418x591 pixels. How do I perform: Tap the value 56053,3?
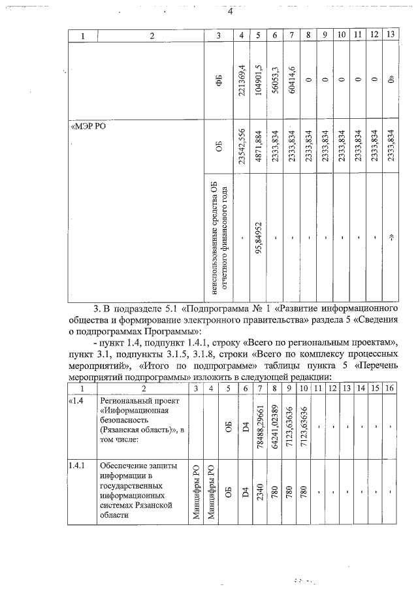pos(275,79)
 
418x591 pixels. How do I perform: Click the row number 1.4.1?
pos(78,466)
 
